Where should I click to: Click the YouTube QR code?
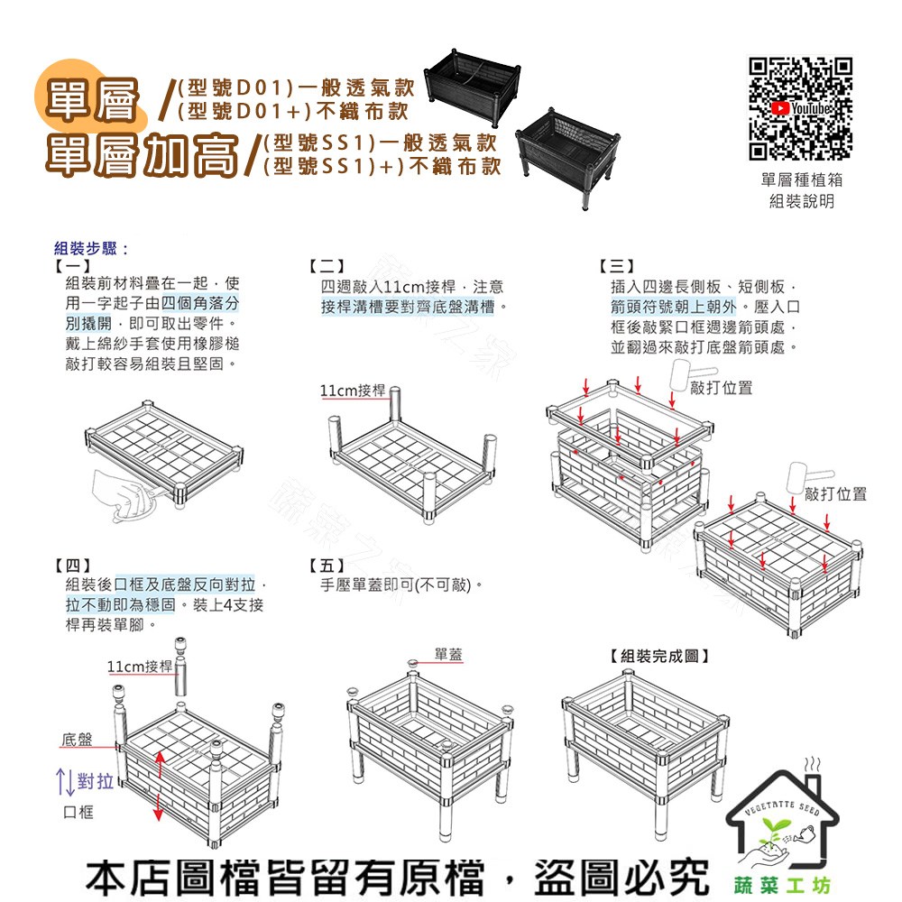(x=800, y=108)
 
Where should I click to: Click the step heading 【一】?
(x=72, y=266)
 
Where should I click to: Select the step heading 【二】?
(x=327, y=266)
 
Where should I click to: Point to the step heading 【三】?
(x=617, y=266)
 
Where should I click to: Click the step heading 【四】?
(x=72, y=565)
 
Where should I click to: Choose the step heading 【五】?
(x=327, y=565)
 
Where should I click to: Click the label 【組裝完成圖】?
(x=659, y=656)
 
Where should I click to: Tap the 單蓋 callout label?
(x=448, y=654)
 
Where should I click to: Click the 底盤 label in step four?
(x=77, y=740)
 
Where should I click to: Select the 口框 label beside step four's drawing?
(x=78, y=812)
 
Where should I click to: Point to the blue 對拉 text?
(x=95, y=781)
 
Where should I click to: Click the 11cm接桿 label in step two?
(x=352, y=391)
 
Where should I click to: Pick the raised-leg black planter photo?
(x=567, y=156)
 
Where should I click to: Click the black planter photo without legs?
(x=473, y=87)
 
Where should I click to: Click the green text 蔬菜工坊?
(x=782, y=886)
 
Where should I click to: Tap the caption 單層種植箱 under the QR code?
(x=801, y=180)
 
